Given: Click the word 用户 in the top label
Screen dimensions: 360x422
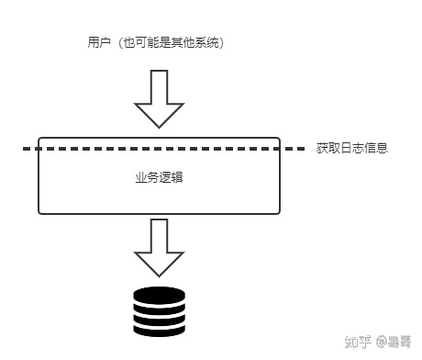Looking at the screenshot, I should tap(94, 42).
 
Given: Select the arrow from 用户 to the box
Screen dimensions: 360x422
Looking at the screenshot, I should tap(159, 99).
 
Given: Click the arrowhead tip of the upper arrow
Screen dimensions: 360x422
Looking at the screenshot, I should tap(159, 127).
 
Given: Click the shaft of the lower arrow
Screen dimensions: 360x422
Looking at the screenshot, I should tap(159, 234).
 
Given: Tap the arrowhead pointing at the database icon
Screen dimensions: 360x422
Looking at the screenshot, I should tap(159, 265).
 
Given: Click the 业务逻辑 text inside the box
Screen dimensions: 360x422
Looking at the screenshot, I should tap(159, 175).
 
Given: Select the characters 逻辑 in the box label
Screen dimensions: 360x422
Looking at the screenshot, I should tap(171, 175).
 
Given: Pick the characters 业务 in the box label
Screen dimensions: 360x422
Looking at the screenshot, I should tap(147, 175).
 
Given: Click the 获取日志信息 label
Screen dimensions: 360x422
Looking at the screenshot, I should tap(351, 148).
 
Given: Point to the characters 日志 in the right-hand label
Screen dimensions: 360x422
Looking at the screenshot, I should tap(351, 148).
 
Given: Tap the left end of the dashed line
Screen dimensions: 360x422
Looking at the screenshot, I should tap(26, 148).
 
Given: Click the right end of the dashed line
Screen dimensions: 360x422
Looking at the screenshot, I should tap(304, 148).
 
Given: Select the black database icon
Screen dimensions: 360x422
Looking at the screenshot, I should tap(159, 311).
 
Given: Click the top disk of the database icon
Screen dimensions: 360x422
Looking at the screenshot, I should tap(159, 295).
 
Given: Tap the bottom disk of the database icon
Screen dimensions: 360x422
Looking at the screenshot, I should tap(159, 328).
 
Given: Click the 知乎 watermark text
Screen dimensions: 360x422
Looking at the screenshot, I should tap(357, 342).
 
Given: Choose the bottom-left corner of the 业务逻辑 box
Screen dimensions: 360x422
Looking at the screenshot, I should tap(39, 213).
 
